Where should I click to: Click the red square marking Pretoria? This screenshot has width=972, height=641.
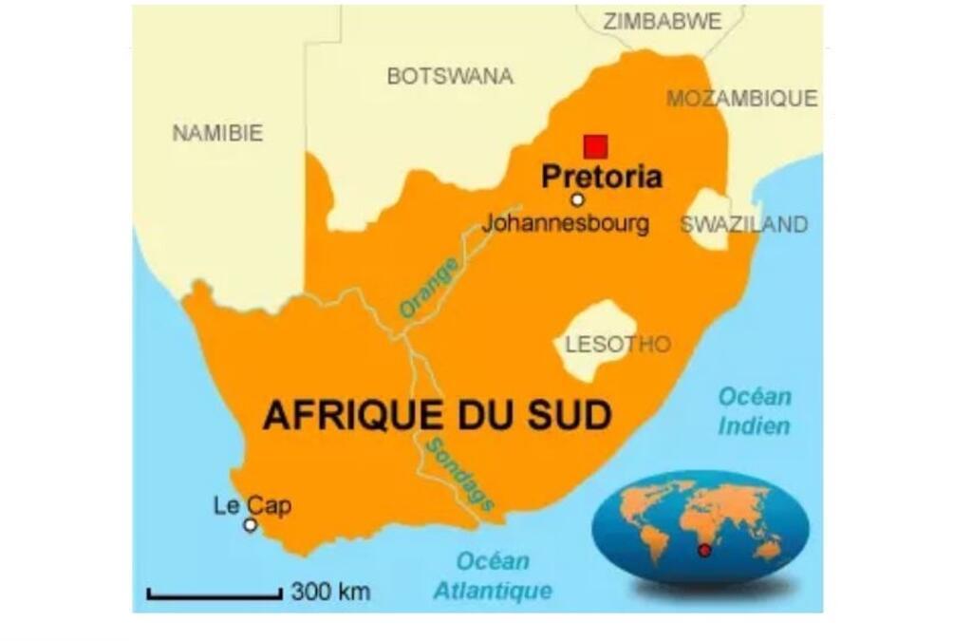tap(595, 146)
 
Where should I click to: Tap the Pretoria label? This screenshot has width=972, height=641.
tap(601, 177)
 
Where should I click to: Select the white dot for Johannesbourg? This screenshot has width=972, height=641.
tap(577, 199)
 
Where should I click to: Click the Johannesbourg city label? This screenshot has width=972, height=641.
tap(566, 224)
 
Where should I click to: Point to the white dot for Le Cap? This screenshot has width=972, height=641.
tap(251, 525)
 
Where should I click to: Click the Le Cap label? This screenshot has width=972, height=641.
tap(252, 505)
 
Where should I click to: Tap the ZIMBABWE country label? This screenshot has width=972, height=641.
tap(662, 21)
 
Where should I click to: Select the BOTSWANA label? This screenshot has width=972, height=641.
tap(450, 77)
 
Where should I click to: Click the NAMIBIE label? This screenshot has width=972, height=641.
tap(217, 134)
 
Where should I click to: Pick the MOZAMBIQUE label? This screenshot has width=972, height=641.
tap(741, 98)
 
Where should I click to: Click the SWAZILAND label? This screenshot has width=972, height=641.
tap(744, 224)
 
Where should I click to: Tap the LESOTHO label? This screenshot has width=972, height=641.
tap(618, 344)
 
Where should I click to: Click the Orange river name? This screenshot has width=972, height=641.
tap(429, 288)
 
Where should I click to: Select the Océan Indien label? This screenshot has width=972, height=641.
tap(754, 411)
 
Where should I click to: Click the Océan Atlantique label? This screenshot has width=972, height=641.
tap(493, 575)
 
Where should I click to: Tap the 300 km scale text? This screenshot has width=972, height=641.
tap(329, 592)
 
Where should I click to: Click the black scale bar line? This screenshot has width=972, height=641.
tap(215, 596)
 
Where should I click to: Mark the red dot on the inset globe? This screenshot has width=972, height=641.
tap(704, 551)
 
